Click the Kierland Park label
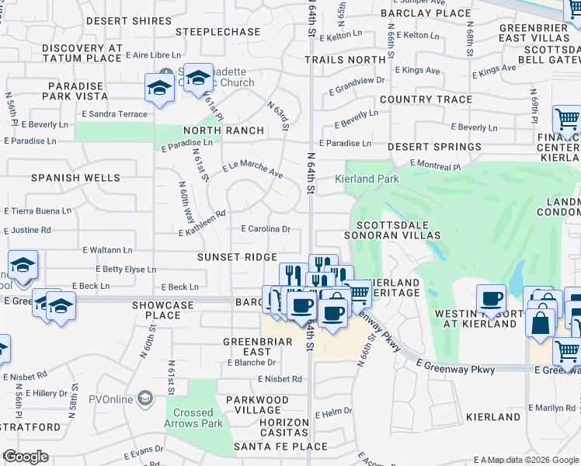tap(367, 179)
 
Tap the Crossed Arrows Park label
tap(193, 418)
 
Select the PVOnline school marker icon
tap(144, 399)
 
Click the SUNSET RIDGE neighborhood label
tap(236, 257)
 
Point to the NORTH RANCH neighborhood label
tap(223, 130)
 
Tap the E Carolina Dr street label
tap(266, 229)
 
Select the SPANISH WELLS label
tap(76, 178)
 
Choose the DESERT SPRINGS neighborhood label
tap(434, 147)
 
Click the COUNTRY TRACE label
tap(426, 99)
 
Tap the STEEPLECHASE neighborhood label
tap(218, 32)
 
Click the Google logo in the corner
tap(25, 457)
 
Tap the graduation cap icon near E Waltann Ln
tap(23, 266)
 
